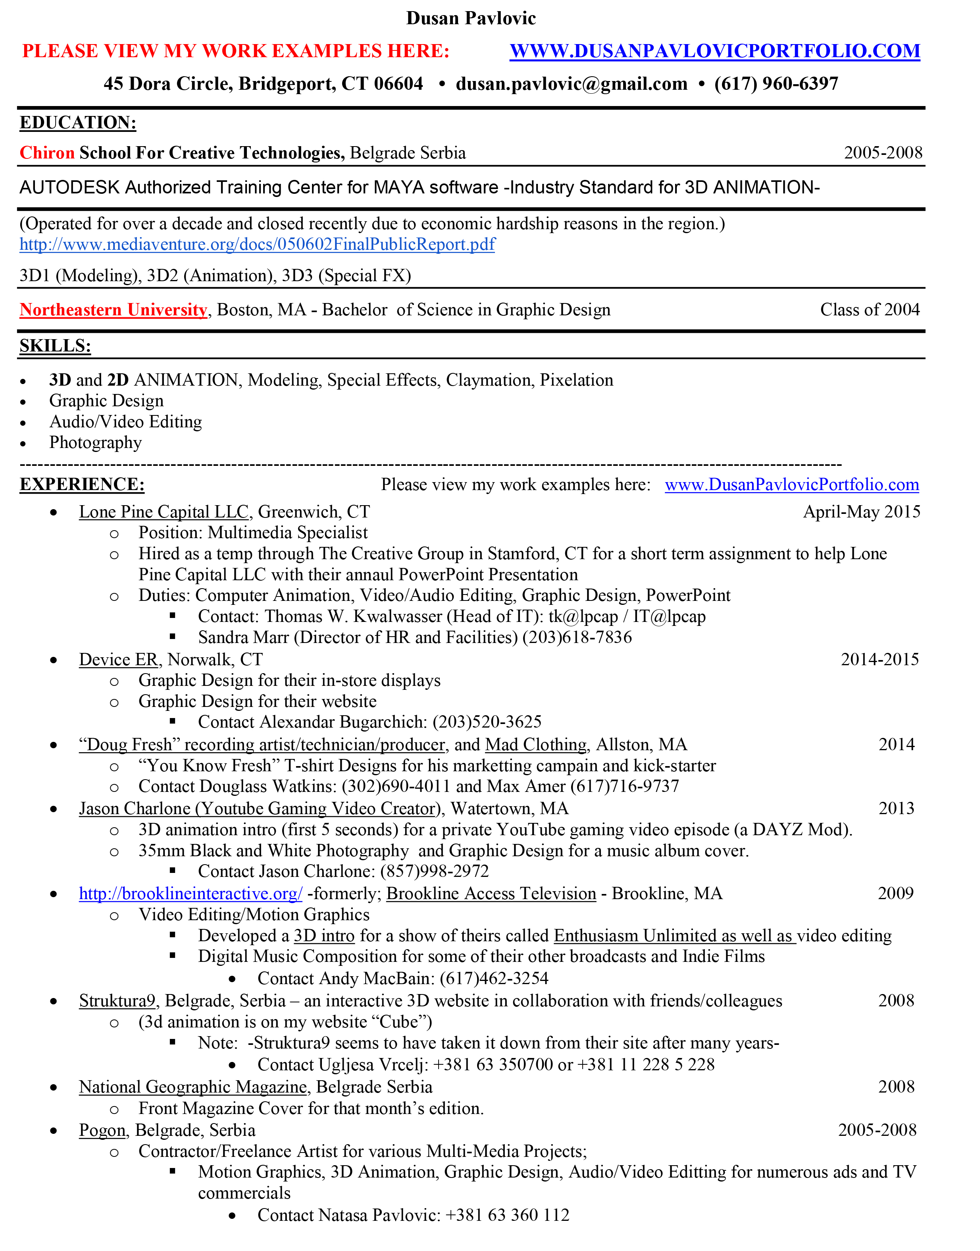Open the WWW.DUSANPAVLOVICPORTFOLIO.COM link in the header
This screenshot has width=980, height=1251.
(x=714, y=51)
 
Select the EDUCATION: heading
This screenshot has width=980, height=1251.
(x=78, y=122)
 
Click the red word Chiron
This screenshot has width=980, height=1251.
(x=47, y=153)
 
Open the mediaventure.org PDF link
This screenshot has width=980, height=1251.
(x=257, y=245)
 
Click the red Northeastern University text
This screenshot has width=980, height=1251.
(x=113, y=310)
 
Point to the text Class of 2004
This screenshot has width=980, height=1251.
(x=869, y=310)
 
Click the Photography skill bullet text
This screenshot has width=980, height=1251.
(x=95, y=443)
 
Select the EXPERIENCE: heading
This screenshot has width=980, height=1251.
(x=82, y=485)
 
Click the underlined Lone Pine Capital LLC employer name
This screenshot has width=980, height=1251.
(x=164, y=512)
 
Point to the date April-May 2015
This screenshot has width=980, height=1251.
(x=861, y=512)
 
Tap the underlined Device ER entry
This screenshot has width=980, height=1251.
(x=118, y=659)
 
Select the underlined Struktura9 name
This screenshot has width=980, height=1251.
(x=117, y=1001)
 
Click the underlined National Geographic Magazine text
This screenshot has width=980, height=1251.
(x=193, y=1087)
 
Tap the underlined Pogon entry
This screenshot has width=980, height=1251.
(x=102, y=1130)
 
